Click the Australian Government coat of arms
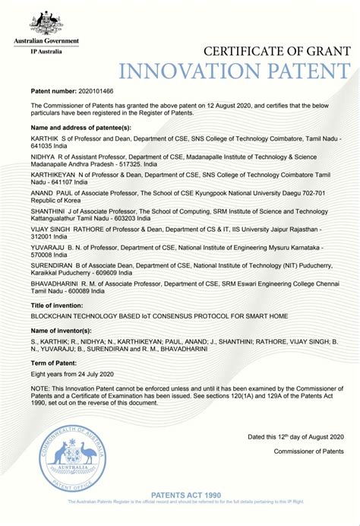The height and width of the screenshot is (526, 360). [54, 22]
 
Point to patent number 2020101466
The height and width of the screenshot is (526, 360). [91, 90]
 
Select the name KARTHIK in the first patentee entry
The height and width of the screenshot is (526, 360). [46, 141]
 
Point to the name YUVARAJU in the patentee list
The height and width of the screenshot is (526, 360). [49, 247]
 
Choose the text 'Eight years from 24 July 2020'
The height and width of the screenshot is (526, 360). [71, 374]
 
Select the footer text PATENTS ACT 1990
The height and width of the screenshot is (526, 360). [185, 496]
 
